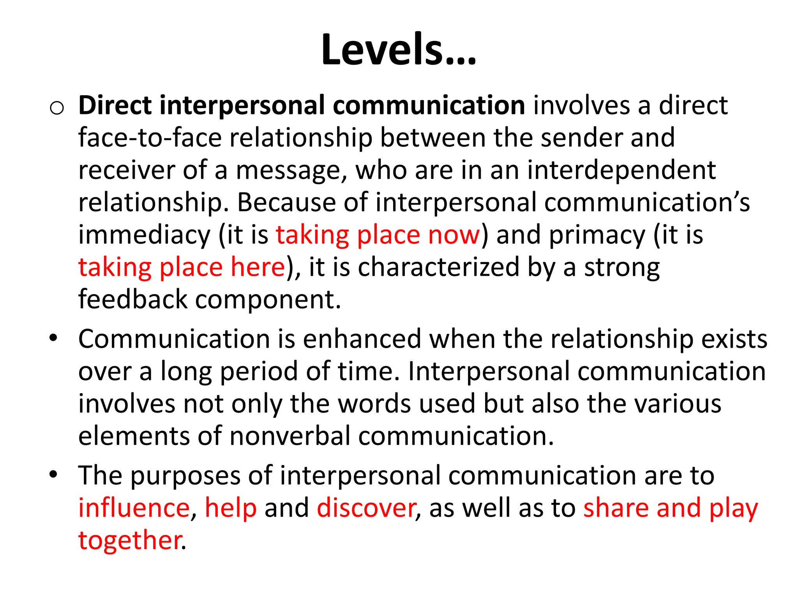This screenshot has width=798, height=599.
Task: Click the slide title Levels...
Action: [x=398, y=50]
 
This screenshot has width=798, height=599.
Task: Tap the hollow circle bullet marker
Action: [x=57, y=108]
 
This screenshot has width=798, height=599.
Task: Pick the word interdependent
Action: [x=621, y=170]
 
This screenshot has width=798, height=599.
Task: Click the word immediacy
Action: [x=144, y=235]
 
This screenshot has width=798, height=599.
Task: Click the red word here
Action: [x=258, y=267]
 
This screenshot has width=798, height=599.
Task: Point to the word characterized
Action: [x=439, y=267]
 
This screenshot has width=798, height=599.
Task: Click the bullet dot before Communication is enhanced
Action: [x=53, y=338]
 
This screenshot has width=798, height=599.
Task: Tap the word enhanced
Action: [x=362, y=338]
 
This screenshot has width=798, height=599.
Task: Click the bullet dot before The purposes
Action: [x=53, y=475]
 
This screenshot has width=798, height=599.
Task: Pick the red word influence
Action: [x=134, y=508]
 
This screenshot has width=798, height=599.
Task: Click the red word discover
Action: [x=366, y=508]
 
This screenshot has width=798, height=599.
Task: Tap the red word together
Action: [x=130, y=541]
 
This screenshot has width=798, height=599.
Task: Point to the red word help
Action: [x=231, y=508]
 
